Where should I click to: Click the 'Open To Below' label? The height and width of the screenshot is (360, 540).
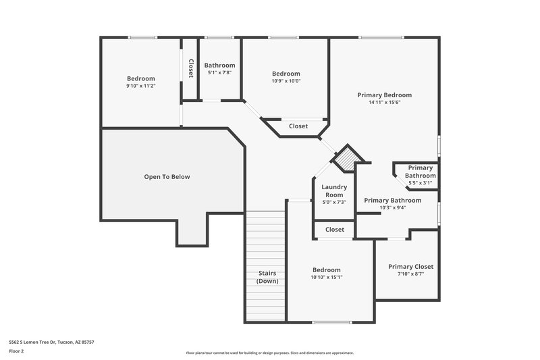[x=167, y=177]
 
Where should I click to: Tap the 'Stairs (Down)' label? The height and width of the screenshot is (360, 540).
[x=267, y=277]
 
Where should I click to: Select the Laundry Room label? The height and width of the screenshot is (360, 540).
[x=334, y=190]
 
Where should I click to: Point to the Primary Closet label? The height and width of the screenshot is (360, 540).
[x=410, y=267]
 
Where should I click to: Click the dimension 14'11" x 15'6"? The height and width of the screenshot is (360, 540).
[x=384, y=103]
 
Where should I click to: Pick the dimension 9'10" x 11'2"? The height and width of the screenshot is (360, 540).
[x=140, y=86]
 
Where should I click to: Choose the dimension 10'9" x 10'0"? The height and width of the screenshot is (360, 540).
[x=286, y=81]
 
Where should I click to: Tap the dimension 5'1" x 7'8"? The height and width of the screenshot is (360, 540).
[x=219, y=72]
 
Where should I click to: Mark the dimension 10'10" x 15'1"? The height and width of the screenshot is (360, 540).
[x=327, y=277]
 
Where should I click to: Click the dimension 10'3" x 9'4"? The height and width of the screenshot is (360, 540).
[x=392, y=208]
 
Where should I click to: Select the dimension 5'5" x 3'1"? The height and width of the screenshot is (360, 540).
[x=420, y=183]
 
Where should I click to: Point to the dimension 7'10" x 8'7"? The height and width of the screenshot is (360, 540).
[x=410, y=274]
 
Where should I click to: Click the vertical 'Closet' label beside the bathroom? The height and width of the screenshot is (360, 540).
[x=191, y=69]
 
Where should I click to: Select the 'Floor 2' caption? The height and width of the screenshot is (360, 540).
[x=16, y=351]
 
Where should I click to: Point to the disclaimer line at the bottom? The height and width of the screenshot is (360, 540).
[x=270, y=353]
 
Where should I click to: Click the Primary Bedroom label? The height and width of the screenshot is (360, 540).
[x=384, y=95]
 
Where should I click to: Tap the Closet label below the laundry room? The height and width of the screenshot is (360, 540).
[x=335, y=230]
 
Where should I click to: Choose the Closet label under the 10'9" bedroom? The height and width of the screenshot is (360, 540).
[x=298, y=126]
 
